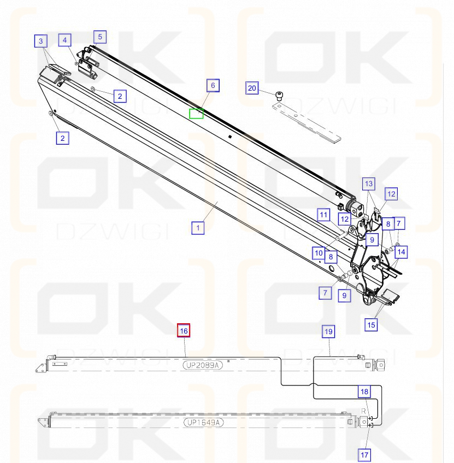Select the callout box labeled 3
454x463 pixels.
point(42,40)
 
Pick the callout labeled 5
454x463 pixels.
point(99,37)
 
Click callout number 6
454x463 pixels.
point(213,85)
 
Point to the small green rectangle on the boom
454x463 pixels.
point(196,114)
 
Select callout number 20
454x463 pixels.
point(252,88)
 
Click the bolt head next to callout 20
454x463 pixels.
point(280,97)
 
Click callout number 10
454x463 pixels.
point(319,253)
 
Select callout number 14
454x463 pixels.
point(402,252)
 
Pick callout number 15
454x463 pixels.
point(371,325)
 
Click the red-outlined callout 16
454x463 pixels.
point(184,330)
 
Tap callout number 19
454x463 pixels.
point(328,331)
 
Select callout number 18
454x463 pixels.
point(364,391)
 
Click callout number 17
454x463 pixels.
point(364,454)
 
